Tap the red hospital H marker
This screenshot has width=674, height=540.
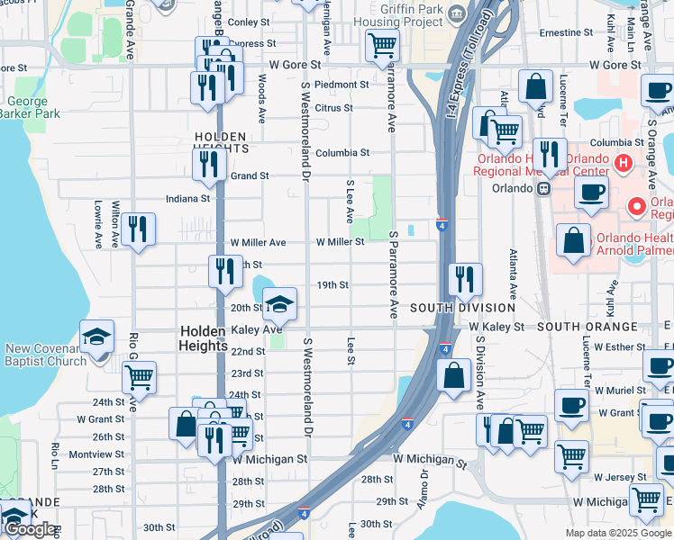pyautogui.click(x=623, y=163)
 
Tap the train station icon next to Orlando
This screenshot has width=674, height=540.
pyautogui.click(x=544, y=189)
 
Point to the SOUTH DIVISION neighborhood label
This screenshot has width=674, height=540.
pyautogui.click(x=462, y=308)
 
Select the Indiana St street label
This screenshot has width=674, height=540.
pyautogui.click(x=187, y=198)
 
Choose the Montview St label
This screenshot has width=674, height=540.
pyautogui.click(x=96, y=454)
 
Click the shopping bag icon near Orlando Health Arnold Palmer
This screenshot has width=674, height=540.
pyautogui.click(x=573, y=240)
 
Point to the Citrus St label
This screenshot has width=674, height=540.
pyautogui.click(x=333, y=108)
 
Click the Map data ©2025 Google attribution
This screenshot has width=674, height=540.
pyautogui.click(x=618, y=533)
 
